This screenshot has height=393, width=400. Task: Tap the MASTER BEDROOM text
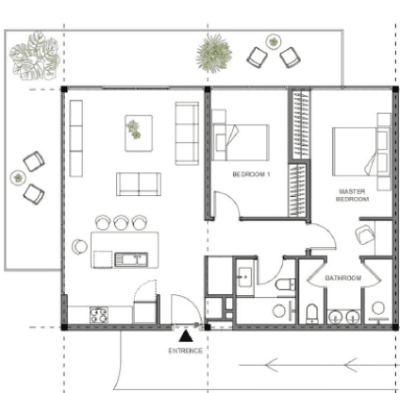click(352, 195)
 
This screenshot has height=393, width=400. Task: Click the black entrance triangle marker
click(188, 334)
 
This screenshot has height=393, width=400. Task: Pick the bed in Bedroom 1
click(243, 142)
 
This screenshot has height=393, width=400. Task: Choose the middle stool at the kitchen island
click(122, 222)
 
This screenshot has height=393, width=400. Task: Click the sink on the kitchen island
click(127, 256)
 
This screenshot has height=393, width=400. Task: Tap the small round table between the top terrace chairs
click(274, 41)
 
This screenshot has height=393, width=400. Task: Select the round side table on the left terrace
click(17, 177)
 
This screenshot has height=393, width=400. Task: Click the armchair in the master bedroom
click(365, 236)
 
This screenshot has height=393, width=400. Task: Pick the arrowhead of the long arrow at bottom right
click(268, 360)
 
